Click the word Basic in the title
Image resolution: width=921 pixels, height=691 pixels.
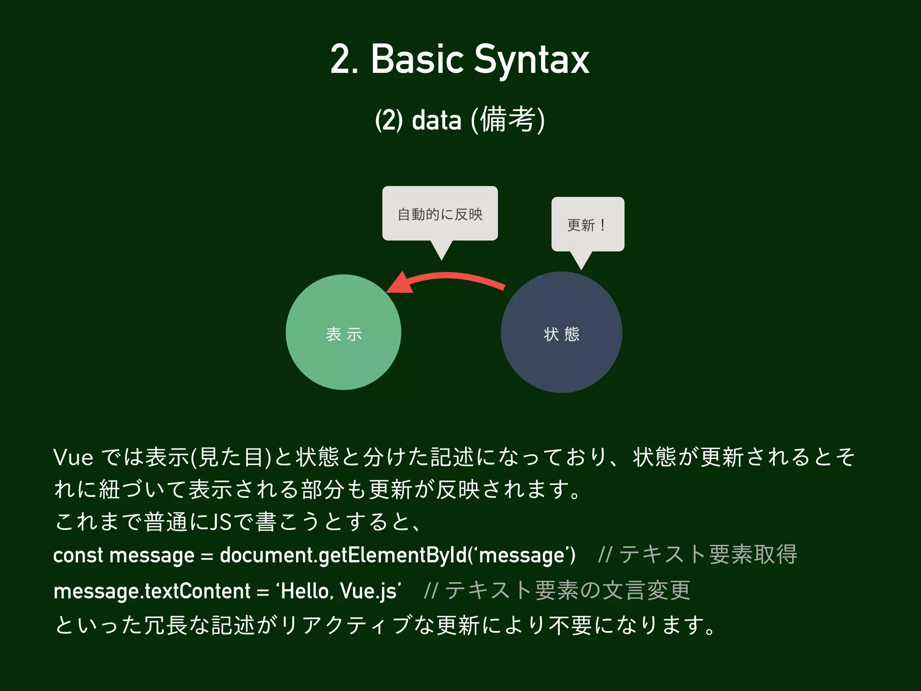tap(417, 60)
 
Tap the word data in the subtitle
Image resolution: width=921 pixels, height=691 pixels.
tap(436, 121)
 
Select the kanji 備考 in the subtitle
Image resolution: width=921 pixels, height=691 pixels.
tap(508, 120)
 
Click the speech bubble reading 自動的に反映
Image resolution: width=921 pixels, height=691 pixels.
tap(440, 214)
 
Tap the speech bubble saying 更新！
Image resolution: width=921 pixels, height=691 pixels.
tap(587, 224)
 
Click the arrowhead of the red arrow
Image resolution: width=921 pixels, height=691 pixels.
tap(400, 284)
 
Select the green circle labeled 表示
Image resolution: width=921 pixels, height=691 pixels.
tap(343, 332)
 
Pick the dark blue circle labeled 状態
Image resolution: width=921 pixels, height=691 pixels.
tap(561, 332)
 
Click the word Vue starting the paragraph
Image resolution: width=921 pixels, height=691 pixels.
tap(73, 458)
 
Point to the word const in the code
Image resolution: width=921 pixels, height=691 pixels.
tap(78, 555)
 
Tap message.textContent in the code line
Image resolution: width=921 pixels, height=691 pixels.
tap(152, 591)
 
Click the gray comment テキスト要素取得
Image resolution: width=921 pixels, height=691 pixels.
tap(708, 554)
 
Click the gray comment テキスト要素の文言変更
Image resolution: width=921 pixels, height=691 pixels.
tap(568, 590)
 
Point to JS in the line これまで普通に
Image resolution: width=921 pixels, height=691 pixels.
tap(221, 522)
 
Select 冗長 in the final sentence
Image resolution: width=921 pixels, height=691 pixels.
tap(166, 625)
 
